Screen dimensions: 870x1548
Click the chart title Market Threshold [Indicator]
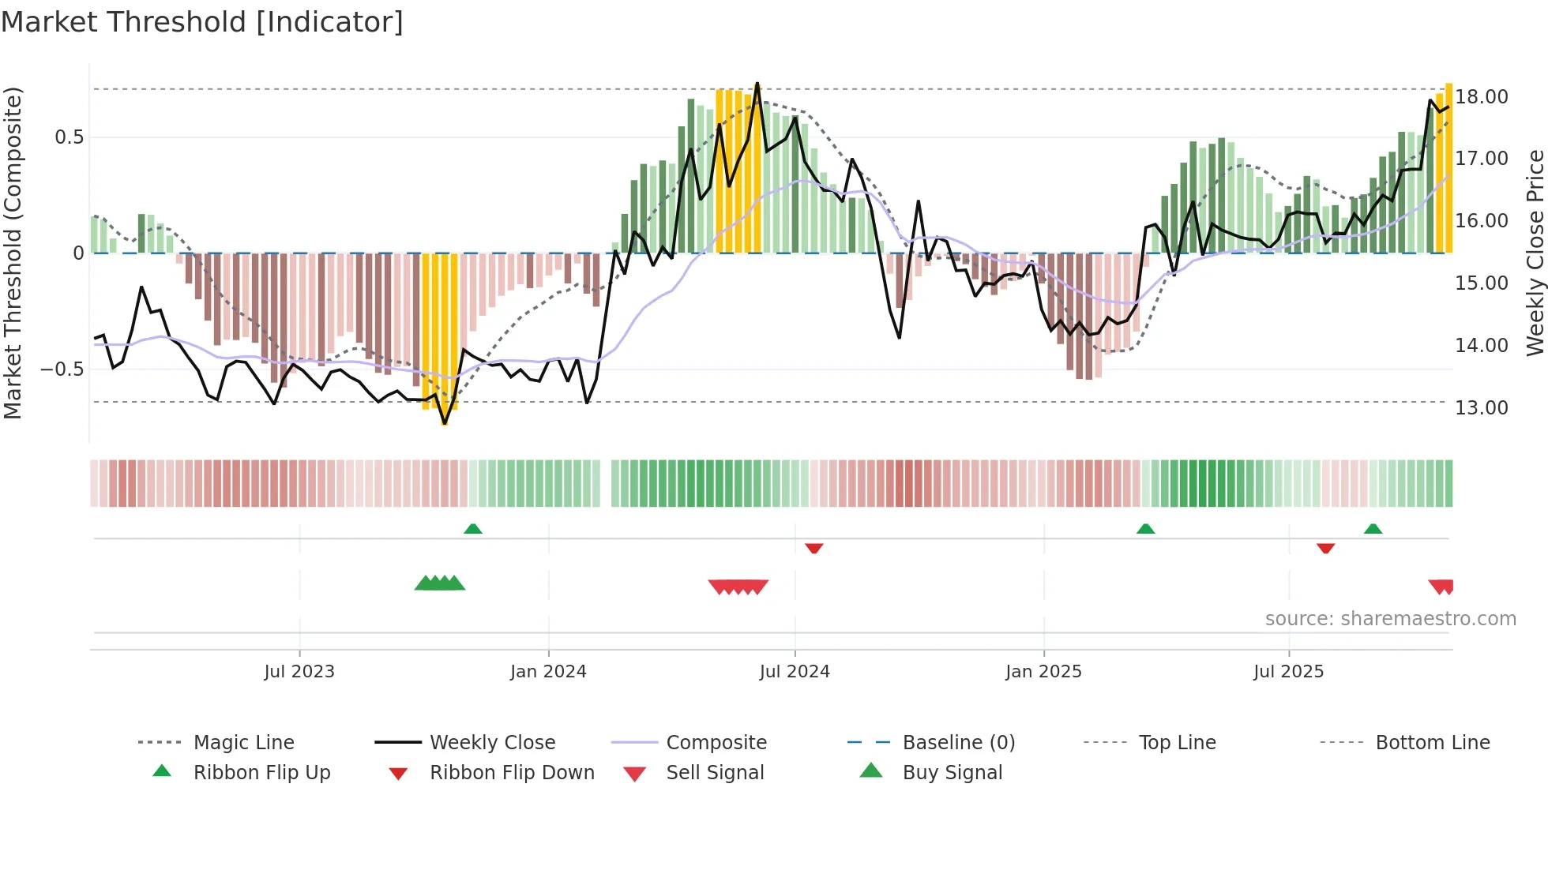(x=202, y=22)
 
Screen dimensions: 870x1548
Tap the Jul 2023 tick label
(x=299, y=672)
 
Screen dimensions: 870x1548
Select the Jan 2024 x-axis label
(x=548, y=672)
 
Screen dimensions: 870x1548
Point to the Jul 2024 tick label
(x=795, y=672)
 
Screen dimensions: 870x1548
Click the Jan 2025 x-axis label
(x=1043, y=672)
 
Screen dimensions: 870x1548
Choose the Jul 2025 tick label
(x=1288, y=672)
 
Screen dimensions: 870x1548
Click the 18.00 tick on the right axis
(x=1482, y=97)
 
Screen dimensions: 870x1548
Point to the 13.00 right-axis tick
(x=1482, y=408)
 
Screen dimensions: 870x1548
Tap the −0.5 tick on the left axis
(x=62, y=369)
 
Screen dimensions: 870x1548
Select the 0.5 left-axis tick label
(x=69, y=137)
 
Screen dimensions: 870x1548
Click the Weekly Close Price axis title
(x=1535, y=253)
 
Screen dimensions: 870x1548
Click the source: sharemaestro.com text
(x=1390, y=619)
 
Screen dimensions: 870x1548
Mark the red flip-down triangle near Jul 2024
(x=814, y=548)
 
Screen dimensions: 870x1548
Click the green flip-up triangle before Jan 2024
(x=473, y=529)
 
